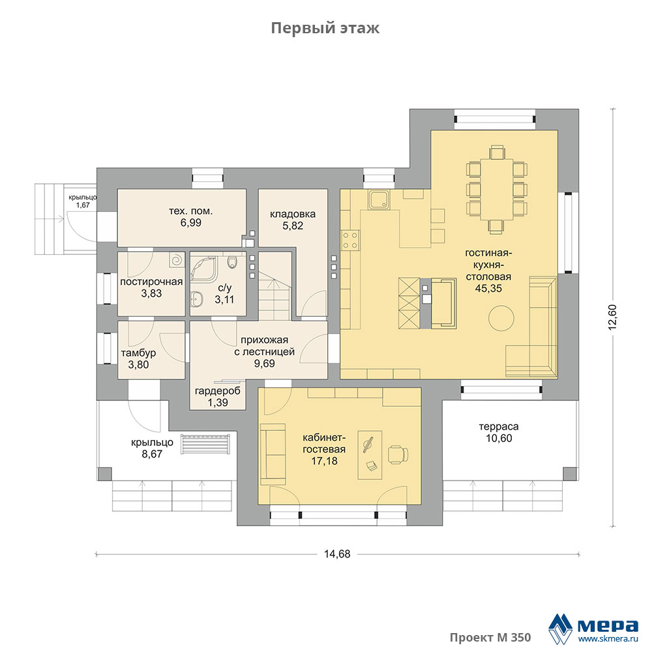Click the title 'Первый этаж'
325,28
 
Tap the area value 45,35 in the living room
488,288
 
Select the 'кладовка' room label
293,214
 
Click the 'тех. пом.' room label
191,211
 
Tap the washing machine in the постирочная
177,260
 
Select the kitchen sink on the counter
379,200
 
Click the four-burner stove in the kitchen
350,241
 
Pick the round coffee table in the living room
501,318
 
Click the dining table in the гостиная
496,189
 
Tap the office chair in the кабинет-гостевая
398,454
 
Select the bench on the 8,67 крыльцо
205,445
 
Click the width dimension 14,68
337,554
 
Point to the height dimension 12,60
612,318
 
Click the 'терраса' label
499,426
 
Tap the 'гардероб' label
218,391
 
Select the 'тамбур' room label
138,353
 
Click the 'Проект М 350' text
490,638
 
